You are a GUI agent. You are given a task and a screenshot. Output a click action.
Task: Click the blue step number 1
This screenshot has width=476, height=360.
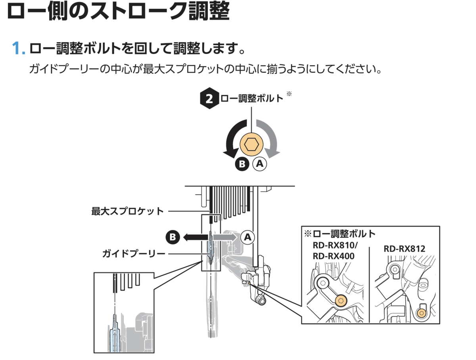pos(18,48)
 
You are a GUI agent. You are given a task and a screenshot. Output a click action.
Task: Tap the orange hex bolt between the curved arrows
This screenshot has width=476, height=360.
pos(251,143)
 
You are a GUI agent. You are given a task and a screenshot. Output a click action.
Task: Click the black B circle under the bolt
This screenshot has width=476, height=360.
pos(243,164)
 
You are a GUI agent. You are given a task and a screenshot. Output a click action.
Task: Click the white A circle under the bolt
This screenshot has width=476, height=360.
pos(259,164)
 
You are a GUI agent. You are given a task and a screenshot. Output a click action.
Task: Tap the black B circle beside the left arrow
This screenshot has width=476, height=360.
pos(173,237)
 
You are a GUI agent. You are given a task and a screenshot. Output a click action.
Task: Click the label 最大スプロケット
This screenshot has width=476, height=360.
pos(128,211)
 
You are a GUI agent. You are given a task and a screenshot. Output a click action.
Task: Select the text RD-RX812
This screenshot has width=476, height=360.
pos(404,249)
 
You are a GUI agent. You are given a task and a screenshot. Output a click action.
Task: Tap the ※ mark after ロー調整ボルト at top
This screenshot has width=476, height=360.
pos(289,94)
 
